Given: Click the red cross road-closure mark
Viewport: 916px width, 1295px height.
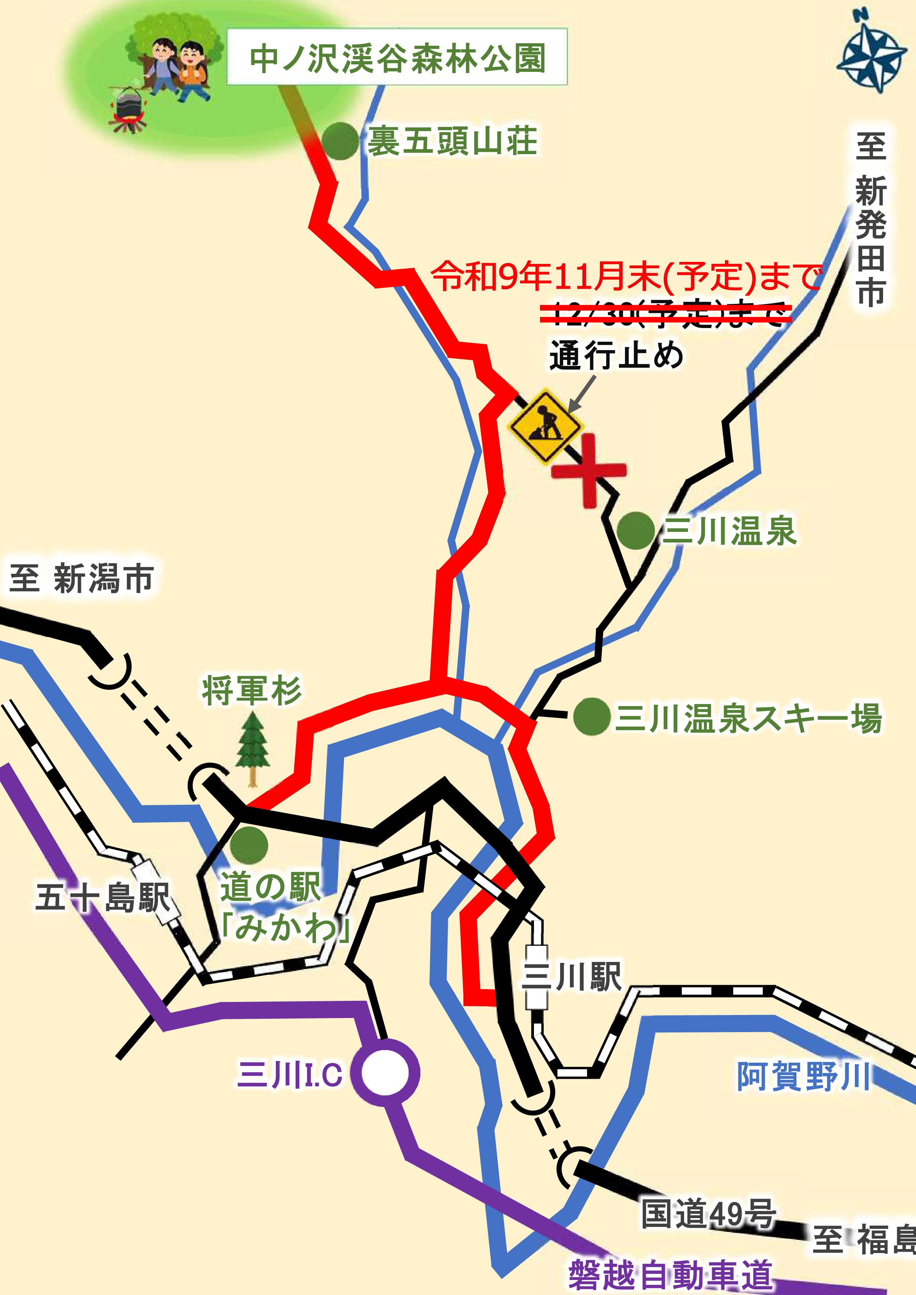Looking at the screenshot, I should tap(589, 470).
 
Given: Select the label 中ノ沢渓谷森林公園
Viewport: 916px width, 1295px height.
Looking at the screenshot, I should tap(397, 57).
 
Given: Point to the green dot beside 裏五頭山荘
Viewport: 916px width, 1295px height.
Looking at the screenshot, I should tap(340, 141).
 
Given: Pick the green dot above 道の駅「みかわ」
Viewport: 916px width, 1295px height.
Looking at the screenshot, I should tap(249, 845).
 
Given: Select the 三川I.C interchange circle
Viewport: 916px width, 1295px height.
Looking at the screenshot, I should tap(384, 1073).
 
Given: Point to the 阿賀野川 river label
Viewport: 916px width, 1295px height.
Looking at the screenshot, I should tap(803, 1076).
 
